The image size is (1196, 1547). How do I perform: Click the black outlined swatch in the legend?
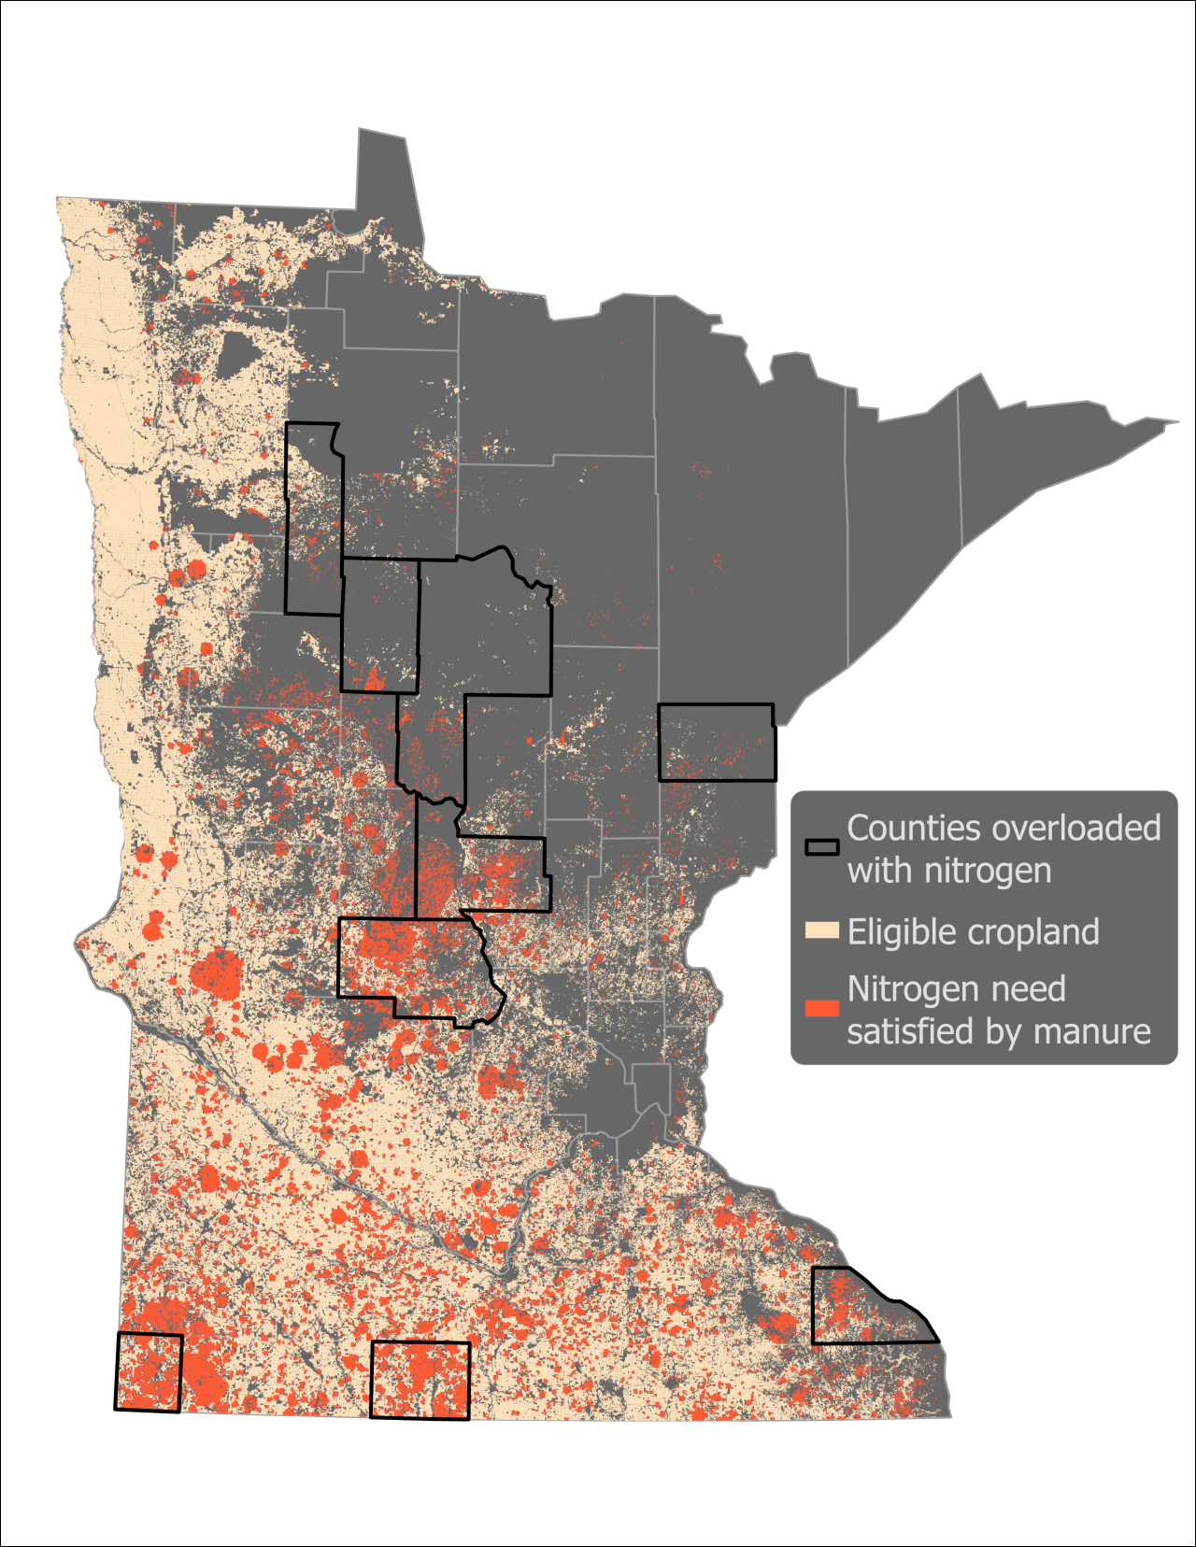821,847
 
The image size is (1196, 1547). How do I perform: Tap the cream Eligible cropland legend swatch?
821,930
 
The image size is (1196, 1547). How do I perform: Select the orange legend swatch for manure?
821,1008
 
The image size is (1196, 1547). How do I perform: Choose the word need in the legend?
1032,989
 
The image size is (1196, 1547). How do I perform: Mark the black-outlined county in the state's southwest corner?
149,1371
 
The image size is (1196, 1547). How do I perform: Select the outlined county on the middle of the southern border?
420,1380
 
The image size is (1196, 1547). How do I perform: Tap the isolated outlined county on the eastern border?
716,743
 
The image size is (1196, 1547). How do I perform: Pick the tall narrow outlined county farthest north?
313,519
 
